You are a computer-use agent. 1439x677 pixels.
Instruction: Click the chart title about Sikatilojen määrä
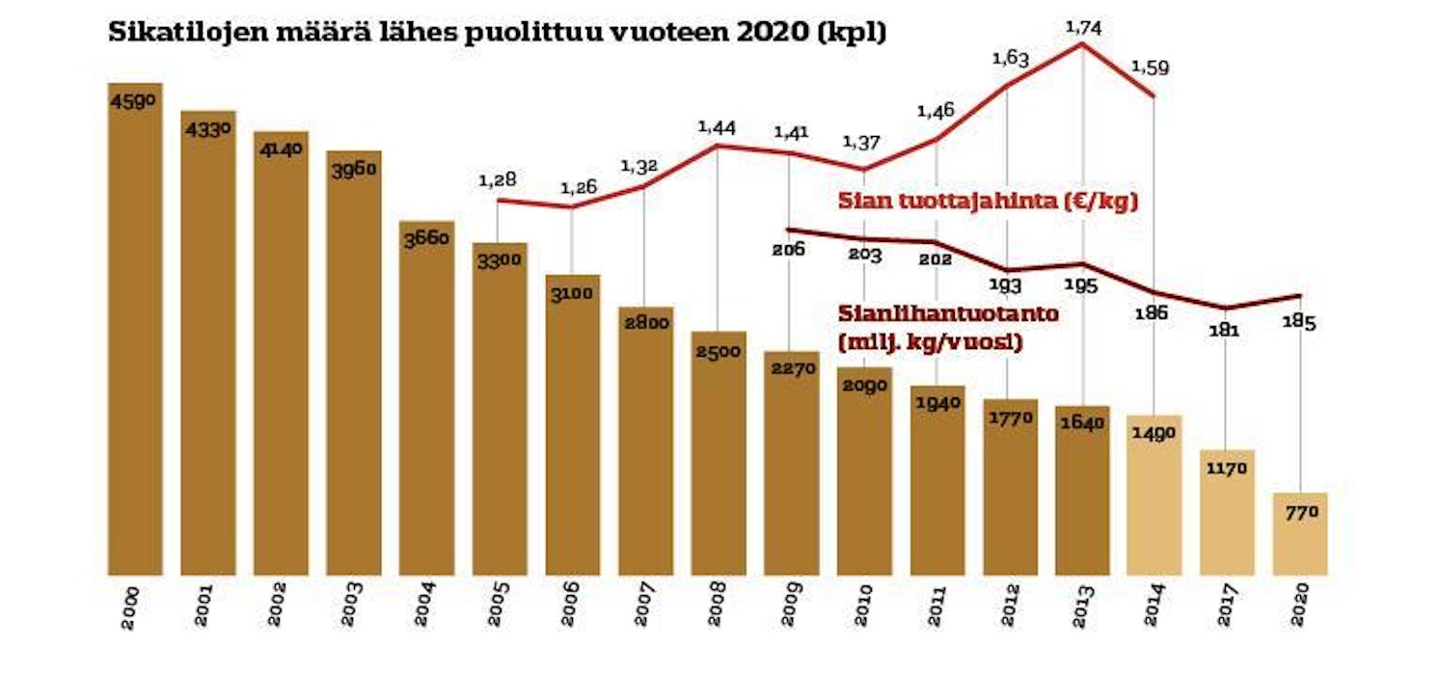pos(498,33)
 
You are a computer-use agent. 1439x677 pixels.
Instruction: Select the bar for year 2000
pos(135,338)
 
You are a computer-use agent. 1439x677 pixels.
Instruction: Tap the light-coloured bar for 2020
pos(1299,535)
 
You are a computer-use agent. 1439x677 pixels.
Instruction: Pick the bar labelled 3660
pos(426,405)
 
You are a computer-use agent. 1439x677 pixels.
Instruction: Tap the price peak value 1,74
pos(1082,28)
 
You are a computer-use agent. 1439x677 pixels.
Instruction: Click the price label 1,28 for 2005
pos(498,179)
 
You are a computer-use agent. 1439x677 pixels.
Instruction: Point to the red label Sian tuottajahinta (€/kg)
pos(989,203)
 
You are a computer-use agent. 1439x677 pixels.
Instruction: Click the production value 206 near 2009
pos(789,250)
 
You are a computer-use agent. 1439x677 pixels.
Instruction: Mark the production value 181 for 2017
pos(1225,331)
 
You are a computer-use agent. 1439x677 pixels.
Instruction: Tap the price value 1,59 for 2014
pos(1150,68)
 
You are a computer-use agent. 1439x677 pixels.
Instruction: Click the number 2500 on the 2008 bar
pos(719,350)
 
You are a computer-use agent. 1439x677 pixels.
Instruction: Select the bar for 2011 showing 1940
pos(937,482)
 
